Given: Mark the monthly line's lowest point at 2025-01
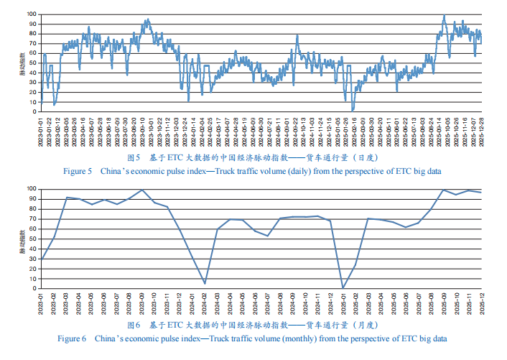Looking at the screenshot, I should coord(343,288).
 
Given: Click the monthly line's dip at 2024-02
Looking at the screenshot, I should coord(205,283).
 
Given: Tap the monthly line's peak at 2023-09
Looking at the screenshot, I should coord(142,190).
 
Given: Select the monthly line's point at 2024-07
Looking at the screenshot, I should coord(268,236).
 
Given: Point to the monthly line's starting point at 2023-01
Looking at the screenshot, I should coord(42,259).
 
